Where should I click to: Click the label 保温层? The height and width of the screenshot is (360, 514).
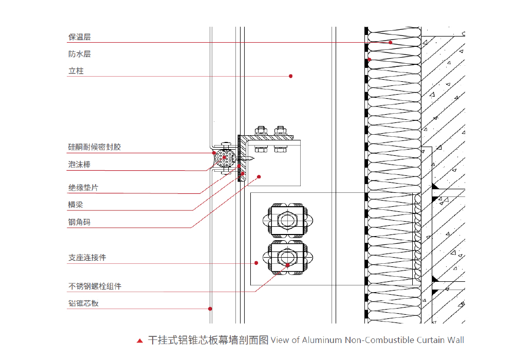click(x=80, y=37)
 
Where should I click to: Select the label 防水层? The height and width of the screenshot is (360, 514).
click(x=80, y=54)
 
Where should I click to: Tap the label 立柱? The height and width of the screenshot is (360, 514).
click(x=76, y=71)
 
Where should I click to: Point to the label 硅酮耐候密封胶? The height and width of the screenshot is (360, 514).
click(x=95, y=147)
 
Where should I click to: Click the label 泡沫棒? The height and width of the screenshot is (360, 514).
click(x=80, y=165)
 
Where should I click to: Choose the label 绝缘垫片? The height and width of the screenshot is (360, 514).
click(x=83, y=188)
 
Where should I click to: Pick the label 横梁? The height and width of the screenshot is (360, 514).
click(x=76, y=205)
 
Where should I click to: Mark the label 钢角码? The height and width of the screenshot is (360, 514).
click(x=80, y=222)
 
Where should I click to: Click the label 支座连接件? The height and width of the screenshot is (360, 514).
click(x=87, y=258)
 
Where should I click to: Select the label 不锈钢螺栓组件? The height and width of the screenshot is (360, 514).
click(x=95, y=286)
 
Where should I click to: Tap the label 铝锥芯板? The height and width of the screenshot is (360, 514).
click(x=83, y=303)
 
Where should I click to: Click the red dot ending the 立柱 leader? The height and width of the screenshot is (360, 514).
click(x=291, y=76)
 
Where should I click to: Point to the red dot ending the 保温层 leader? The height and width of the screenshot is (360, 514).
click(x=391, y=42)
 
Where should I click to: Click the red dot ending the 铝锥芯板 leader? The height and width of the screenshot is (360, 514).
click(x=210, y=309)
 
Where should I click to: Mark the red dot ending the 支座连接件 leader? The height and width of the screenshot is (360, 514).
click(x=256, y=263)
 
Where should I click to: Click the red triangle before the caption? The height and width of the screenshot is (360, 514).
click(x=140, y=340)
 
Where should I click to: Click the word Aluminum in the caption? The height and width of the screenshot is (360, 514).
click(x=322, y=340)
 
